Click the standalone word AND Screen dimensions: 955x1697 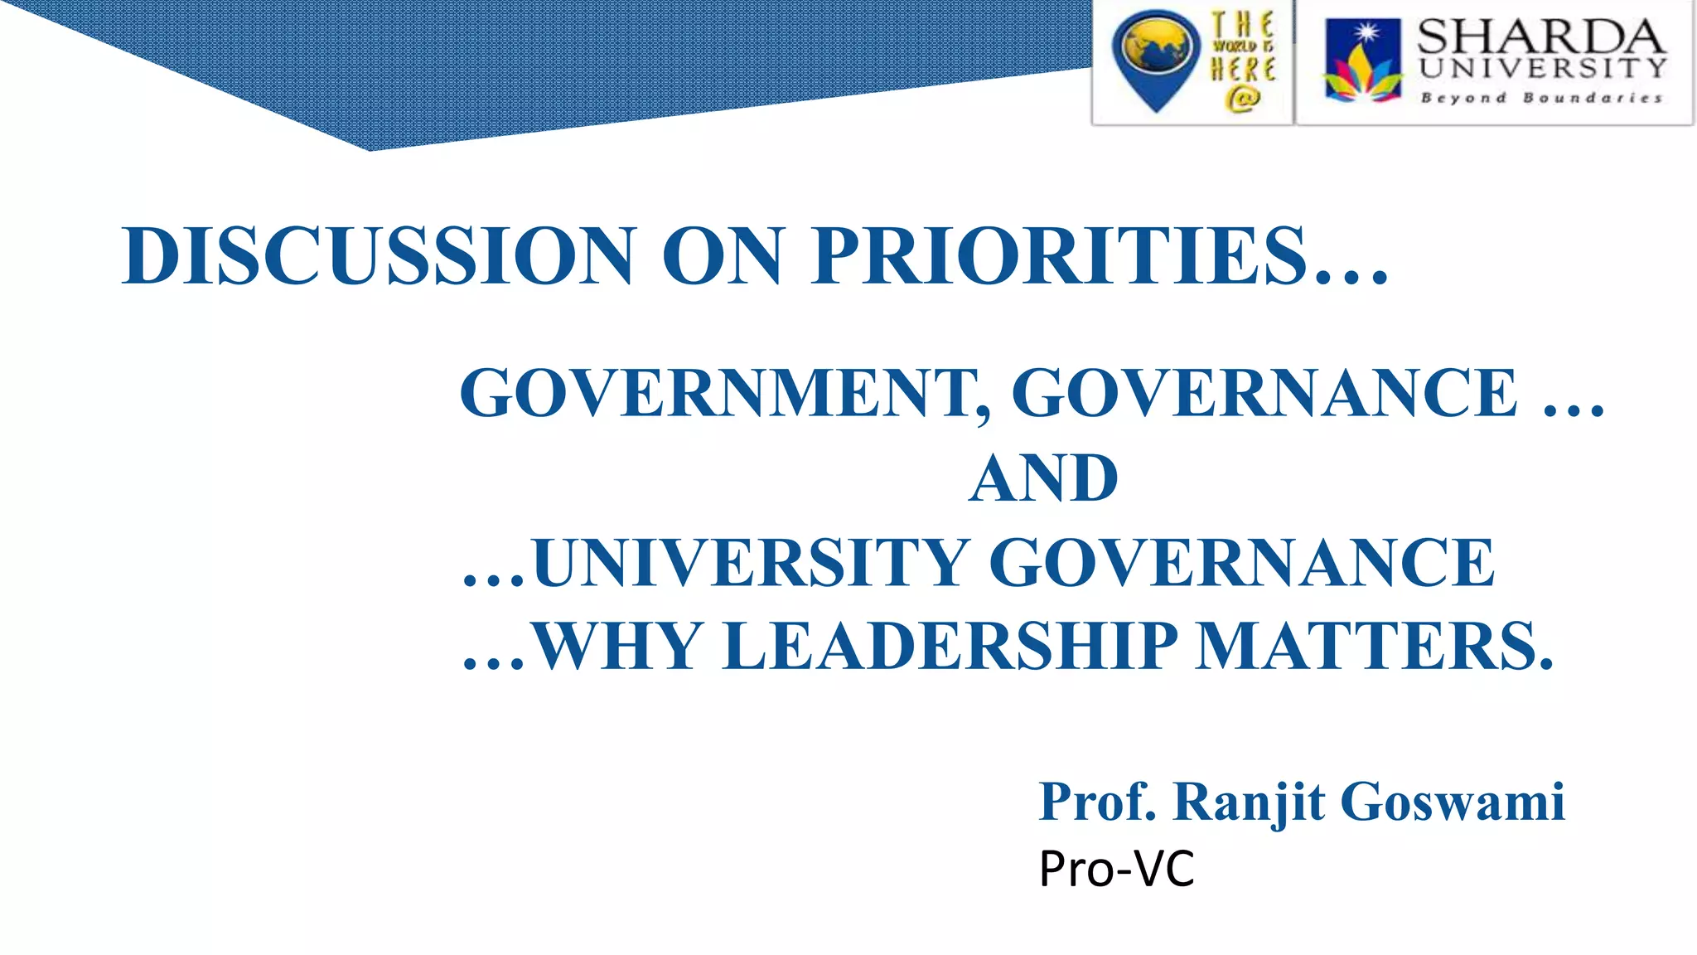1043,478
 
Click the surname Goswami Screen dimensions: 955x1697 1453,802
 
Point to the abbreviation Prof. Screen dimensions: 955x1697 1097,802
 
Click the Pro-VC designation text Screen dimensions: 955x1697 1116,869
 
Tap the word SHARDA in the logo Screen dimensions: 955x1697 1540,36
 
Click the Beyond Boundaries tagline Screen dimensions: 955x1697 1541,98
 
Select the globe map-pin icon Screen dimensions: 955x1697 1155,58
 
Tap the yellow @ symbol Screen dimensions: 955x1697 1242,99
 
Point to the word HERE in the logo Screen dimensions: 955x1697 1243,70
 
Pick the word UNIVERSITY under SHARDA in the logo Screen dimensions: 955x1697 1542,68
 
